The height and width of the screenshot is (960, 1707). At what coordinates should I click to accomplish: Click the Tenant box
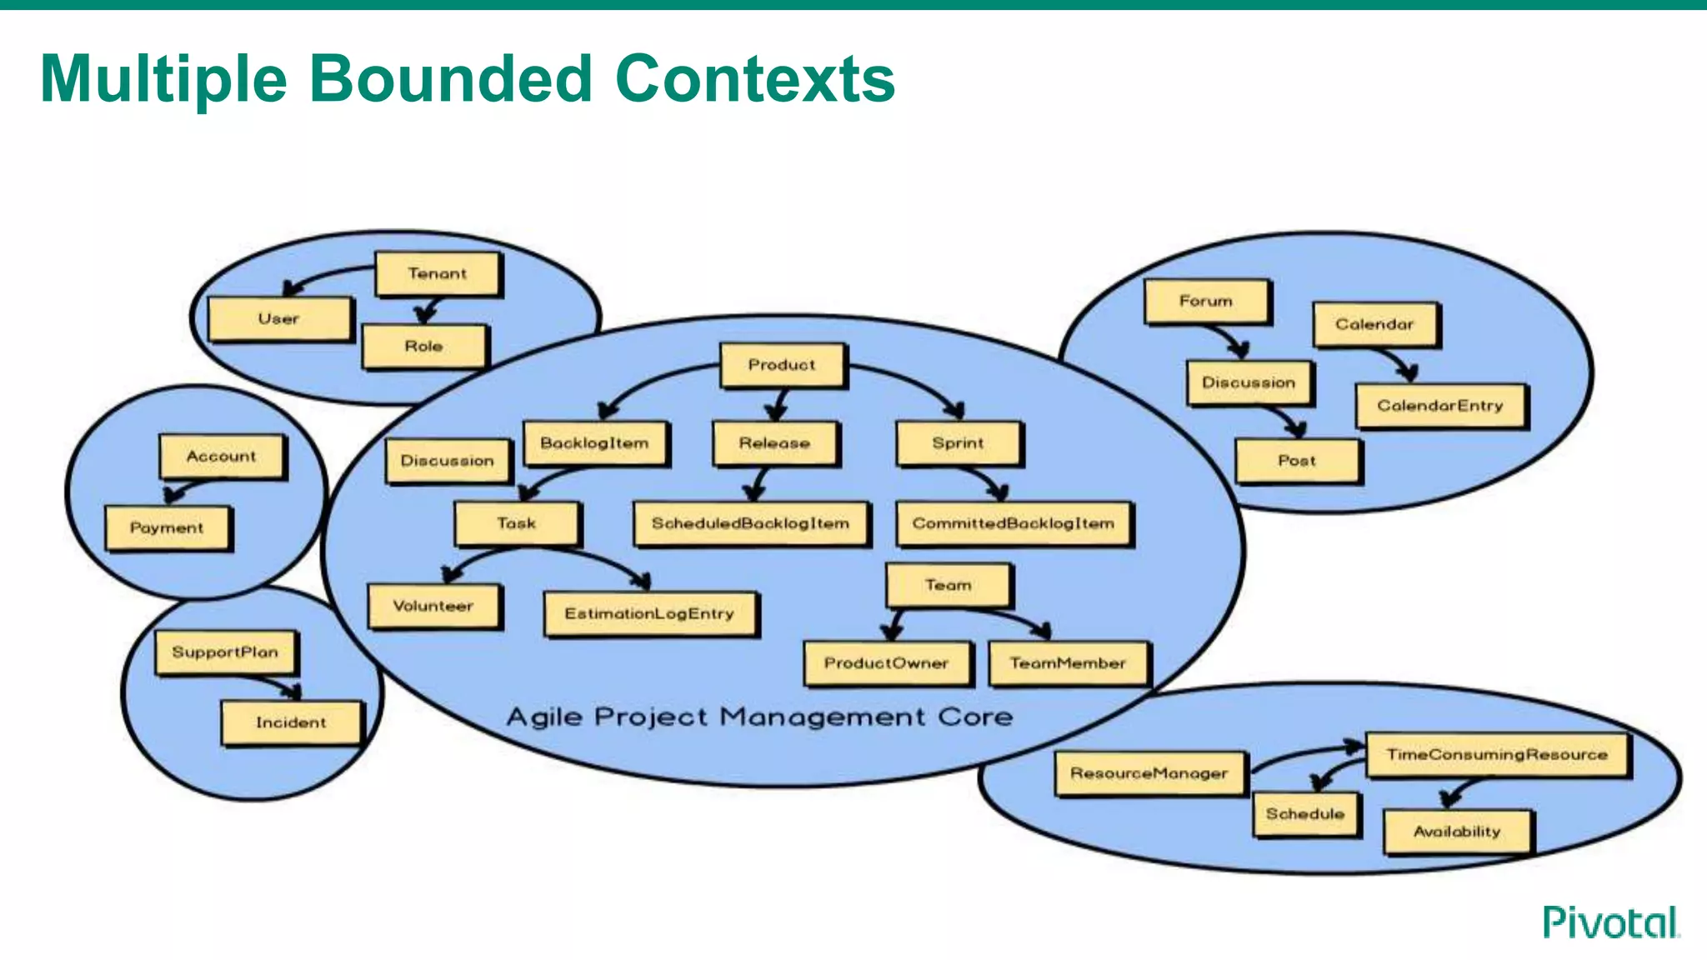pyautogui.click(x=438, y=274)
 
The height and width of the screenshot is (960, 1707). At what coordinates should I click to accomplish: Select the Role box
pyautogui.click(x=423, y=346)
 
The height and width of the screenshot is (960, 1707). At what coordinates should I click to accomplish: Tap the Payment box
pyautogui.click(x=167, y=527)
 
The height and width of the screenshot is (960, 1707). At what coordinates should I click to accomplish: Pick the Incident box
pyautogui.click(x=291, y=722)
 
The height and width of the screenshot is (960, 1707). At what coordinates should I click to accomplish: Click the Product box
pyautogui.click(x=782, y=365)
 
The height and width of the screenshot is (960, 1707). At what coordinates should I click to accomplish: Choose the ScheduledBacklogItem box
pyautogui.click(x=750, y=523)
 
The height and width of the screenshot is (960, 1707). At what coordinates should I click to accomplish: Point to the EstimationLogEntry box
pyautogui.click(x=649, y=614)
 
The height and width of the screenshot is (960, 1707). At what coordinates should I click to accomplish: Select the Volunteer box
pyautogui.click(x=433, y=606)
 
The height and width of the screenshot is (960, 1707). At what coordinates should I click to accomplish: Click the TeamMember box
pyautogui.click(x=1068, y=663)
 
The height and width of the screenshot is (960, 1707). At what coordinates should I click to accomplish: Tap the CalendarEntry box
pyautogui.click(x=1440, y=406)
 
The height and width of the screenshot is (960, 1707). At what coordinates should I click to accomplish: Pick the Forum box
pyautogui.click(x=1206, y=301)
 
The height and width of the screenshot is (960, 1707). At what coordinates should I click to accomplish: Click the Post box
pyautogui.click(x=1297, y=461)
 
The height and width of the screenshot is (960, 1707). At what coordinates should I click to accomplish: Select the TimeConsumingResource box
pyautogui.click(x=1497, y=755)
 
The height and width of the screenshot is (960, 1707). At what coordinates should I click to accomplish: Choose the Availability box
pyautogui.click(x=1457, y=832)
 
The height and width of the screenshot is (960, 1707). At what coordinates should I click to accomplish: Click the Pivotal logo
pyautogui.click(x=1610, y=922)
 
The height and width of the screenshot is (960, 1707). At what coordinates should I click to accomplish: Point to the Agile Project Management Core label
pyautogui.click(x=759, y=717)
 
